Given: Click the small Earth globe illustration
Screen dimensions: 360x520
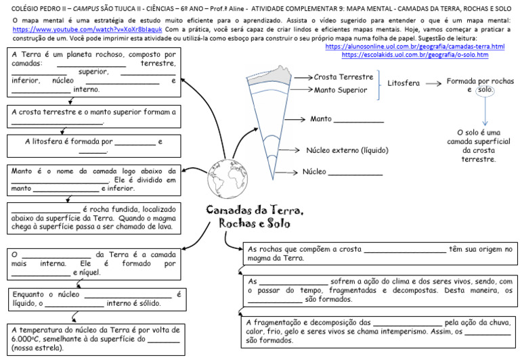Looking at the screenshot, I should [x=224, y=175].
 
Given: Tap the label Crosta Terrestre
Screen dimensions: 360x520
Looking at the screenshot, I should [x=343, y=77].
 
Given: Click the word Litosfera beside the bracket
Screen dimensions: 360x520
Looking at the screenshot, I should [x=404, y=83].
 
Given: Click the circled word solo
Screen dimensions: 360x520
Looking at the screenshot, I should [x=484, y=90].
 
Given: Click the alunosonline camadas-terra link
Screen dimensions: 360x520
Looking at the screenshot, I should [x=415, y=47].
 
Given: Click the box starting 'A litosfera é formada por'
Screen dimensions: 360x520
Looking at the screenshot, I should [x=94, y=146].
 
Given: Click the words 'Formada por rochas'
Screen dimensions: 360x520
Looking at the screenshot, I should [x=478, y=81].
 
